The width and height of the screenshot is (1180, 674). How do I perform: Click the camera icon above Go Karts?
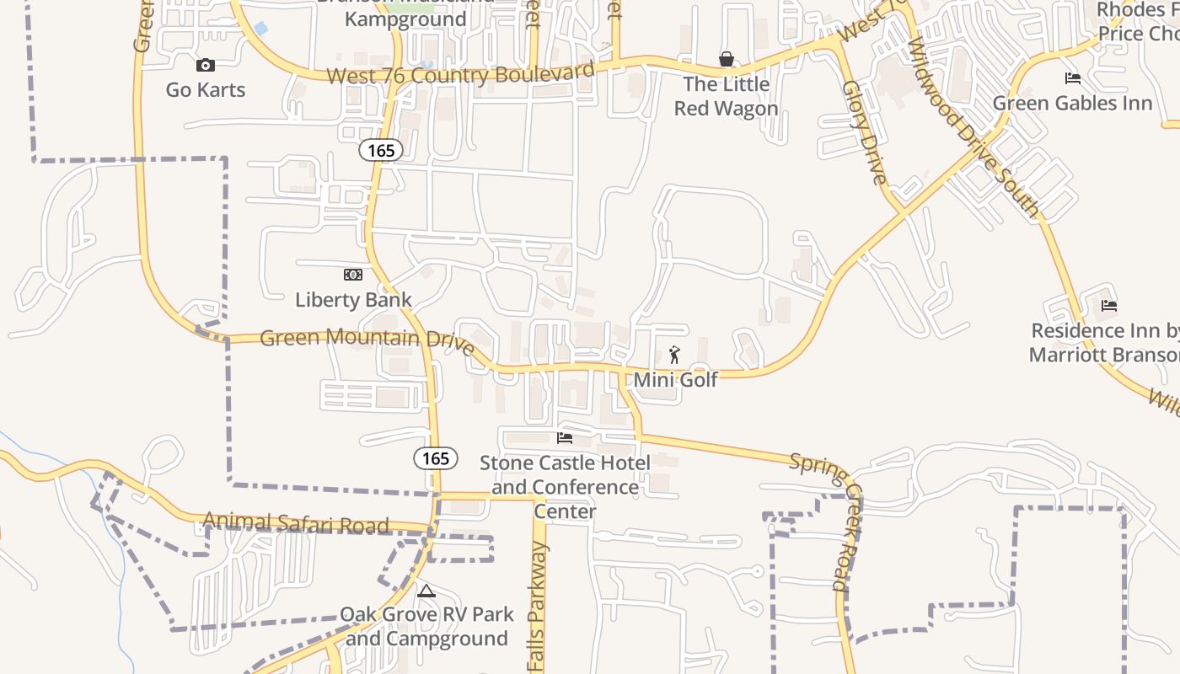pos(205,65)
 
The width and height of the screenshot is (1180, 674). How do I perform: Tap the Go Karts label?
pos(206,89)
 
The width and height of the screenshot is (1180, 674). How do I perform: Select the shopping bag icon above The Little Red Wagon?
pos(726,59)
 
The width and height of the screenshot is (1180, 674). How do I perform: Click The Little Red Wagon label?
pos(726,96)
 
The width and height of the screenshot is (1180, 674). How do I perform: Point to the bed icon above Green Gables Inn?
pos(1072,78)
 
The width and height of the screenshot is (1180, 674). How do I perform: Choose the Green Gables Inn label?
pos(1072,103)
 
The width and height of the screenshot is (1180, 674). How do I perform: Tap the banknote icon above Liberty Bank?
pos(353,275)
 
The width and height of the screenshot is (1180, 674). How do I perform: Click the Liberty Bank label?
pos(353,299)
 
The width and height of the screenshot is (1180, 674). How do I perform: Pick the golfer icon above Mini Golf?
pos(674,355)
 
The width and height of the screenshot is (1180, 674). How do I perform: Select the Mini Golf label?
pos(675,379)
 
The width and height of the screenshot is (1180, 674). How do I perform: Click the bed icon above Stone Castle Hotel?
pos(565,438)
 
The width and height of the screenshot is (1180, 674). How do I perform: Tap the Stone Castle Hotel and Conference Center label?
pos(565,487)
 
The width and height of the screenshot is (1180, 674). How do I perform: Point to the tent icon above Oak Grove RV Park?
pos(426,591)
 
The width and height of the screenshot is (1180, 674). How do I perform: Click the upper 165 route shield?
pos(381,151)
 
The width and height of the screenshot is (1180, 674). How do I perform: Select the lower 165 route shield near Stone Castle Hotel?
pos(436,458)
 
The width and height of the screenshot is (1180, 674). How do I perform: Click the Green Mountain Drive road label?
pos(367,340)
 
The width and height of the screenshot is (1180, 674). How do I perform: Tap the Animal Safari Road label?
pos(296,524)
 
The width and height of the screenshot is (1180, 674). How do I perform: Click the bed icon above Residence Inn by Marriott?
pos(1108,306)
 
